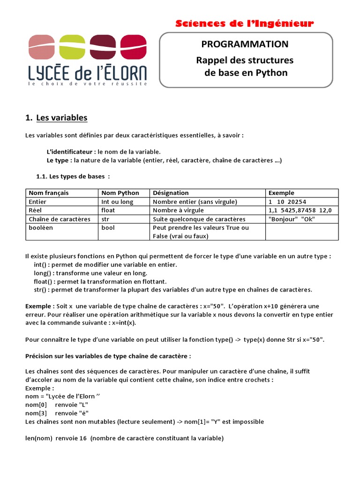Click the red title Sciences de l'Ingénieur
[x=244, y=23]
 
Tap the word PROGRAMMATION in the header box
[x=245, y=44]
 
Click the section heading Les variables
[x=61, y=117]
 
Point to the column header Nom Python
[x=120, y=193]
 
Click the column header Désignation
[x=171, y=193]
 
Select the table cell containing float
[x=108, y=210]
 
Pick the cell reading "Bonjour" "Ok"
[x=292, y=219]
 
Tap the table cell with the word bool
[x=108, y=228]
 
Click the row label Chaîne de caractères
[x=60, y=219]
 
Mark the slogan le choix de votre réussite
[x=88, y=83]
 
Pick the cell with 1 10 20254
[x=287, y=202]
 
